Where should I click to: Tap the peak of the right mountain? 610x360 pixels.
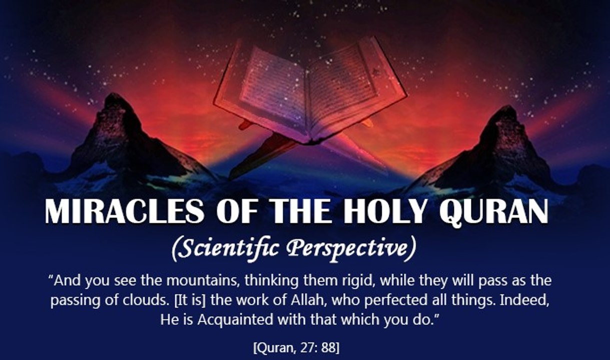coord(505,108)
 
